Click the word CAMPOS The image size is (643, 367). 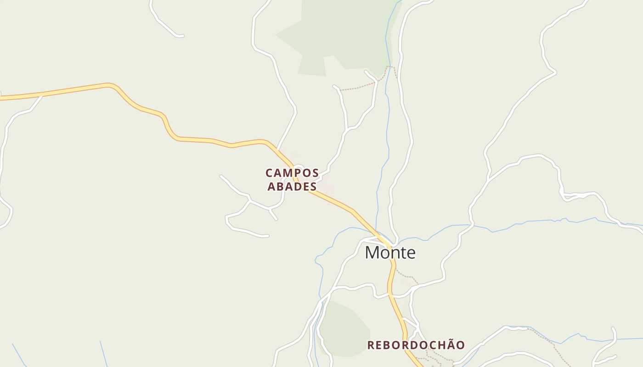[292, 173]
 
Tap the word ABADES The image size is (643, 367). [292, 186]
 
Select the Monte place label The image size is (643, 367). [390, 252]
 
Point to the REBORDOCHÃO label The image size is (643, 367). [416, 345]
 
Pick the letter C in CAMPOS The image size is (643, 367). [270, 173]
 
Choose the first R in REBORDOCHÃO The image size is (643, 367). [371, 345]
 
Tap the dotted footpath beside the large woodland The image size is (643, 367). [363, 86]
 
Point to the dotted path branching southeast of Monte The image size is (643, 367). [406, 276]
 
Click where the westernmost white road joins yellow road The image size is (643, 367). [42, 95]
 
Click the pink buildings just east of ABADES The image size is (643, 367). [328, 188]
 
